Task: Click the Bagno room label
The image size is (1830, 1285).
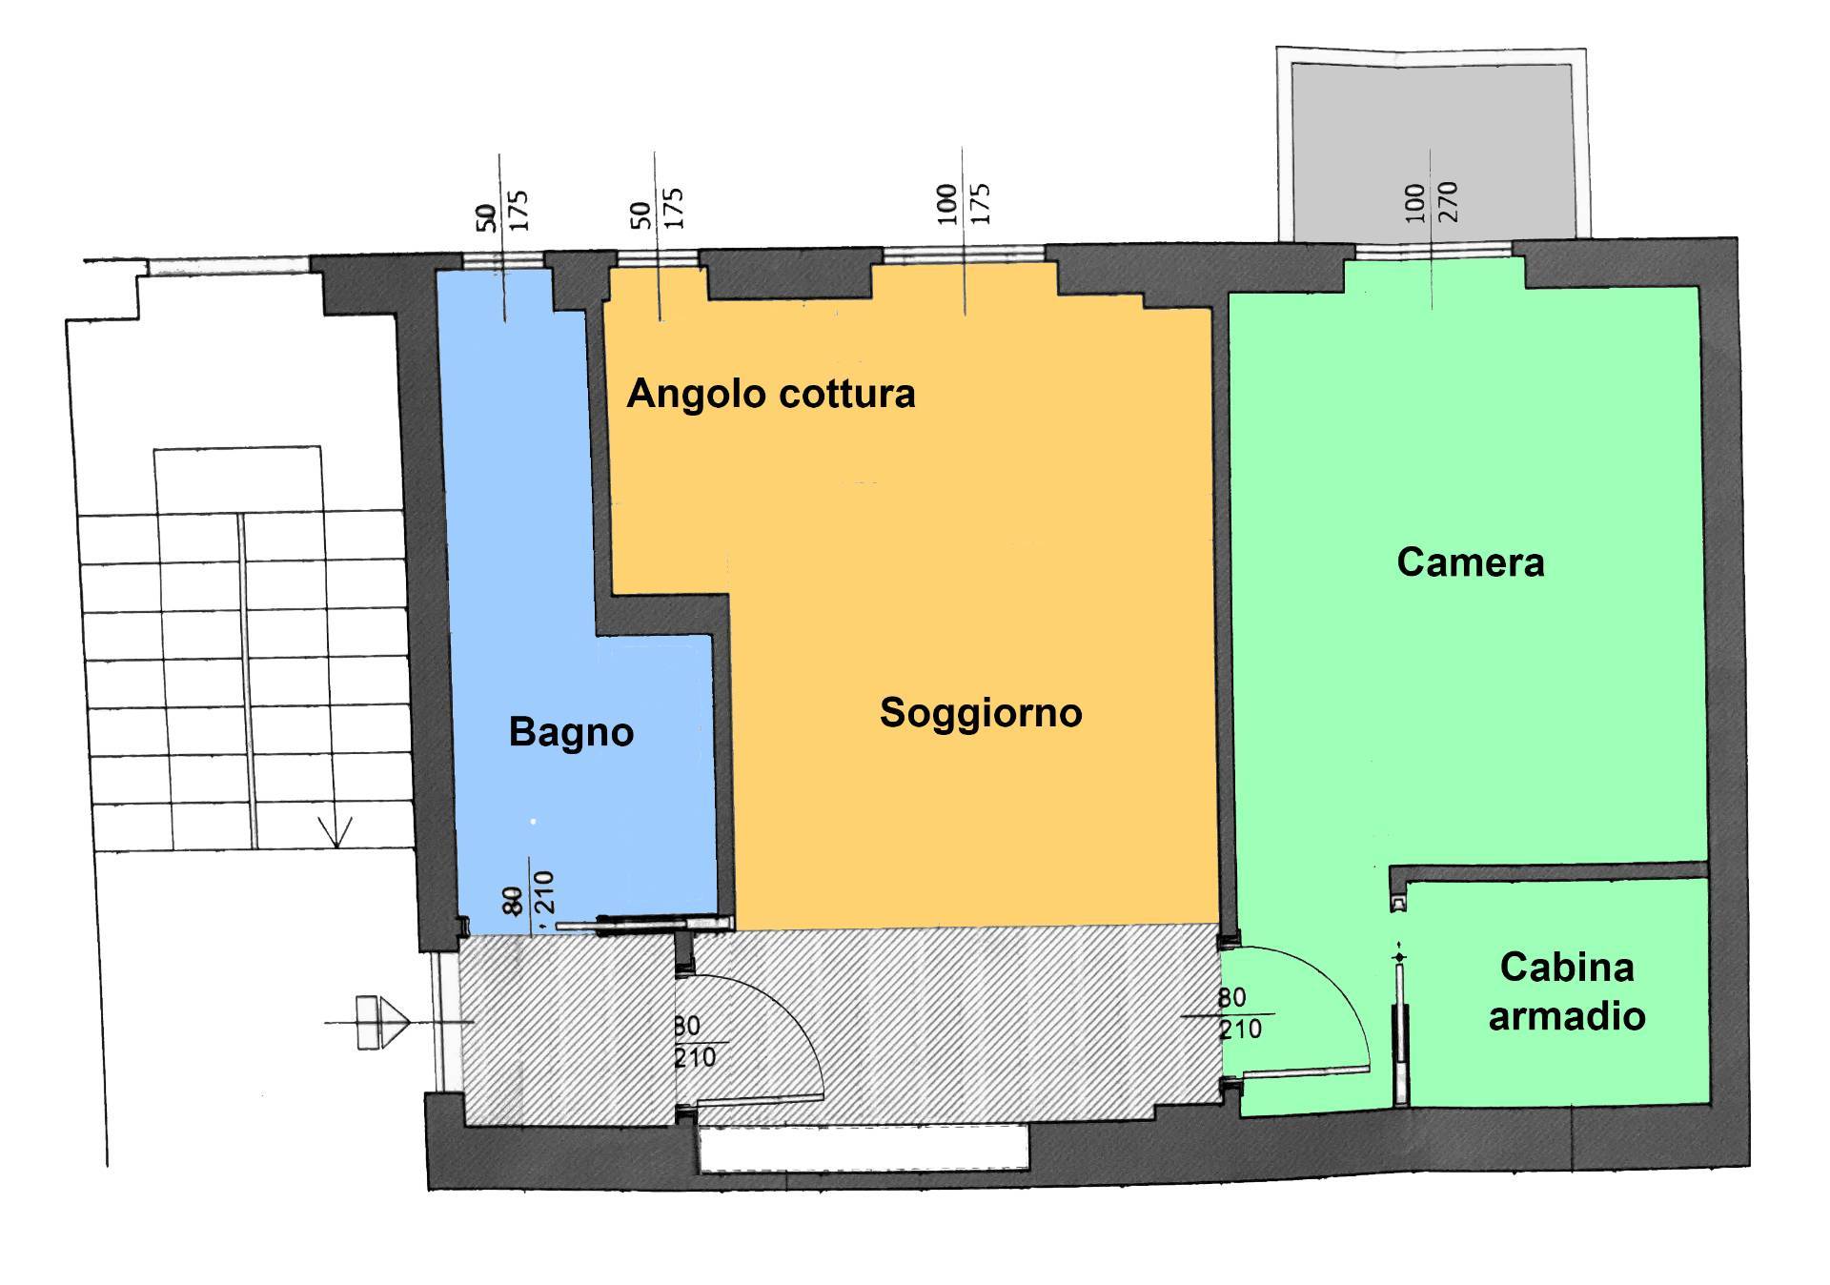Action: (571, 732)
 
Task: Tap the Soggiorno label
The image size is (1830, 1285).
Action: (981, 713)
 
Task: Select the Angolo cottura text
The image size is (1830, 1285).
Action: (770, 394)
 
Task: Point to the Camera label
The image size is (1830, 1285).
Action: (1470, 562)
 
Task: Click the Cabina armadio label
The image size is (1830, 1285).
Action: (1567, 991)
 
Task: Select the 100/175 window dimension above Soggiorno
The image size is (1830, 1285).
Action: (964, 203)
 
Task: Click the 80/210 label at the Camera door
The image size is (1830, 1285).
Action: (1239, 1013)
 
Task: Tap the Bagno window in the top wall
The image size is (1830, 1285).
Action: (502, 259)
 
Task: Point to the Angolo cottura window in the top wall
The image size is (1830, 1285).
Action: (658, 258)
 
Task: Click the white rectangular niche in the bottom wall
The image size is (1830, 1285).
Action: (864, 1148)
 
